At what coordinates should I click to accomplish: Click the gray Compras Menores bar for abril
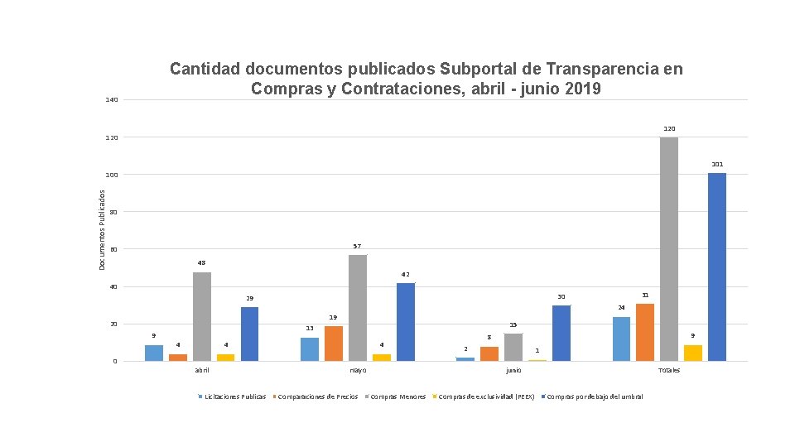point(202,316)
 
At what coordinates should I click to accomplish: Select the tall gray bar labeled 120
point(669,248)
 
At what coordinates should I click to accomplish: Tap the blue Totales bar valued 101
point(717,267)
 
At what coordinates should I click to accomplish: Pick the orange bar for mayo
point(334,344)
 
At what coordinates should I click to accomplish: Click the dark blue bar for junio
point(561,333)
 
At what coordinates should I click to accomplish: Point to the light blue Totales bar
point(621,339)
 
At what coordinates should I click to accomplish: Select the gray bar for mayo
point(358,308)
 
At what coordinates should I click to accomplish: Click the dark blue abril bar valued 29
point(250,334)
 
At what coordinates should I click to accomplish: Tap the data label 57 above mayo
point(357,247)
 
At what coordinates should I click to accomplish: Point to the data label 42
point(406,274)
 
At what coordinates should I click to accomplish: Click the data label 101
point(717,164)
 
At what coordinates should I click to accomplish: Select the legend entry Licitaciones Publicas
point(235,397)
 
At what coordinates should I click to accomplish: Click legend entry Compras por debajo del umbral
point(595,397)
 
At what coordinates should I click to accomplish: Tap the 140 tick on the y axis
point(112,100)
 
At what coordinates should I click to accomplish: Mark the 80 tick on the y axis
point(113,212)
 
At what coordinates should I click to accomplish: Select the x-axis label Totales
point(669,370)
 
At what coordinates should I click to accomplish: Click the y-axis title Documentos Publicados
point(103,229)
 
